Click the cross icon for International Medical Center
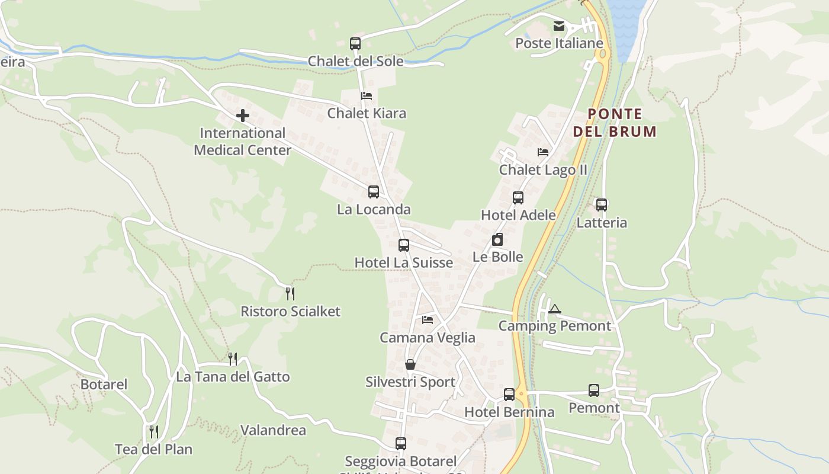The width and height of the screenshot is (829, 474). pyautogui.click(x=243, y=116)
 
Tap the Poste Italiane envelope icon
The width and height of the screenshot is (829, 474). pyautogui.click(x=559, y=26)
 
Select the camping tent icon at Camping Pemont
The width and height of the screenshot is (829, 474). pyautogui.click(x=554, y=309)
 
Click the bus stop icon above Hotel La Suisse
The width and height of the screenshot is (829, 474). pyautogui.click(x=404, y=245)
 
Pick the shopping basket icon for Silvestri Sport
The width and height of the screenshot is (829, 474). pyautogui.click(x=410, y=364)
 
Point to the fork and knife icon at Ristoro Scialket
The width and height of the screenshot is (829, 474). pyautogui.click(x=290, y=293)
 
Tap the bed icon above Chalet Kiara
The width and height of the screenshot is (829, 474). pyautogui.click(x=367, y=95)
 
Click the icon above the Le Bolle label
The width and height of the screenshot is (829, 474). pyautogui.click(x=497, y=239)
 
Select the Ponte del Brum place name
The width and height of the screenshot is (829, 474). pyautogui.click(x=615, y=123)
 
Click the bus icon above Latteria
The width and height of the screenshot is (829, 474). pyautogui.click(x=602, y=205)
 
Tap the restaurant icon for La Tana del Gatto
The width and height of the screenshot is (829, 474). pyautogui.click(x=233, y=358)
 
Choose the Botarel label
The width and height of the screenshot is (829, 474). pyautogui.click(x=104, y=385)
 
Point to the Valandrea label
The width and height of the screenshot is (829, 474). pyautogui.click(x=273, y=430)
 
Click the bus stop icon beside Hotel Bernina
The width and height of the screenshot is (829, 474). pyautogui.click(x=509, y=395)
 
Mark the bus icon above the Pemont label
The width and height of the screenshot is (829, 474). pyautogui.click(x=594, y=390)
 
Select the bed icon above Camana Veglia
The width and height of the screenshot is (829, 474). pyautogui.click(x=428, y=320)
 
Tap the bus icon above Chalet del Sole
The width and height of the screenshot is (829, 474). pyautogui.click(x=355, y=43)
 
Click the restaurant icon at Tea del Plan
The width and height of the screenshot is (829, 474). pyautogui.click(x=154, y=431)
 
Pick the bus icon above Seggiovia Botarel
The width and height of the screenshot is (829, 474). pyautogui.click(x=401, y=444)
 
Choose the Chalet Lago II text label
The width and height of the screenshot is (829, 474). pyautogui.click(x=543, y=170)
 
